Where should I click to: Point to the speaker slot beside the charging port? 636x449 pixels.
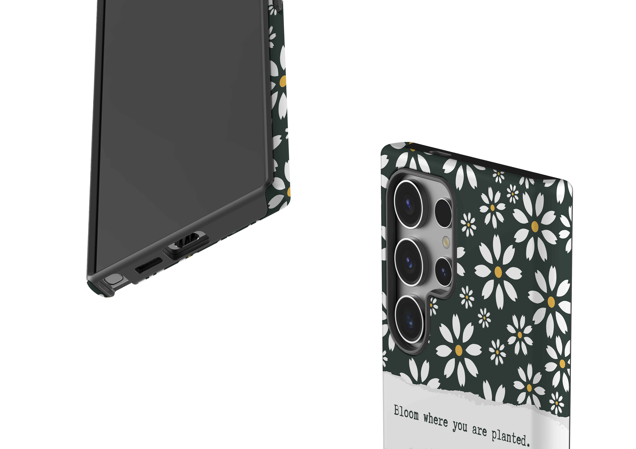click(149, 265)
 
